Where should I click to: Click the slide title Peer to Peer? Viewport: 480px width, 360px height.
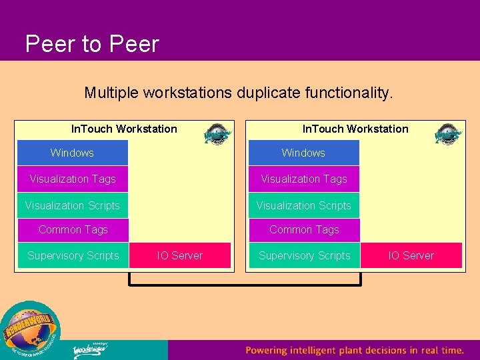(x=92, y=44)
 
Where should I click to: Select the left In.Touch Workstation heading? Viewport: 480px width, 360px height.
(x=124, y=129)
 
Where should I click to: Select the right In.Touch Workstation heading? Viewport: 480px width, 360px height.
(x=355, y=129)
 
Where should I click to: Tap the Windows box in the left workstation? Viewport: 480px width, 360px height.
(x=72, y=153)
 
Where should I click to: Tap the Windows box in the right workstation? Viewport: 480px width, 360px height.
(x=303, y=153)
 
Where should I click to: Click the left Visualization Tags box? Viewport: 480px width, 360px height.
(x=73, y=179)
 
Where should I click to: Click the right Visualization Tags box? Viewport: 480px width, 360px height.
(x=304, y=179)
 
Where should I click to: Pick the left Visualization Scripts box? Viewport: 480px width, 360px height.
(x=73, y=205)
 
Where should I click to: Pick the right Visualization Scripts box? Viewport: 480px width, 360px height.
(x=304, y=205)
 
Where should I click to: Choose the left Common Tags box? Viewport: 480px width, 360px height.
(x=73, y=230)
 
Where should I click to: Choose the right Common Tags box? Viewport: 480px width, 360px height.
(x=304, y=230)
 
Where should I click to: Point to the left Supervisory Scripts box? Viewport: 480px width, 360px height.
(x=73, y=255)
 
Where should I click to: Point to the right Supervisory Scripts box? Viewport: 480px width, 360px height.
(x=304, y=255)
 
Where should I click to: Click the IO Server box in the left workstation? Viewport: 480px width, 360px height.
(x=180, y=255)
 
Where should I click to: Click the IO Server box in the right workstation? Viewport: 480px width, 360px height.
(x=411, y=255)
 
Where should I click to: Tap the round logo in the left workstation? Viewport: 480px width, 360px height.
(x=217, y=135)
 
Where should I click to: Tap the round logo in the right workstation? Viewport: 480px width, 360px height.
(x=448, y=135)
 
